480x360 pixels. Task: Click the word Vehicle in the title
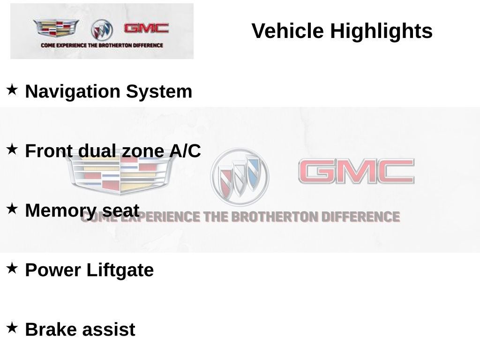click(x=287, y=30)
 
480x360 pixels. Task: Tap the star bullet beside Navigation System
click(x=12, y=90)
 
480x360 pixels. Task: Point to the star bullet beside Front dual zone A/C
click(x=12, y=149)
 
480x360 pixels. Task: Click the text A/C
click(x=185, y=151)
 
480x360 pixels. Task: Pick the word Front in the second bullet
click(x=49, y=151)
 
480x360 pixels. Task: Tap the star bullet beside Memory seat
click(x=12, y=209)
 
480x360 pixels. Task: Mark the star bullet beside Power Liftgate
click(x=12, y=268)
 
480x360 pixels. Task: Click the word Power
click(x=53, y=270)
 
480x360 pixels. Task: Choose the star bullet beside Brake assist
click(x=12, y=328)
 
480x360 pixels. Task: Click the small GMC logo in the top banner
click(x=146, y=29)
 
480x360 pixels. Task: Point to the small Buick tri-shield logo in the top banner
click(x=102, y=30)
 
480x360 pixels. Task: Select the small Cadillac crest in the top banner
click(x=56, y=28)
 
